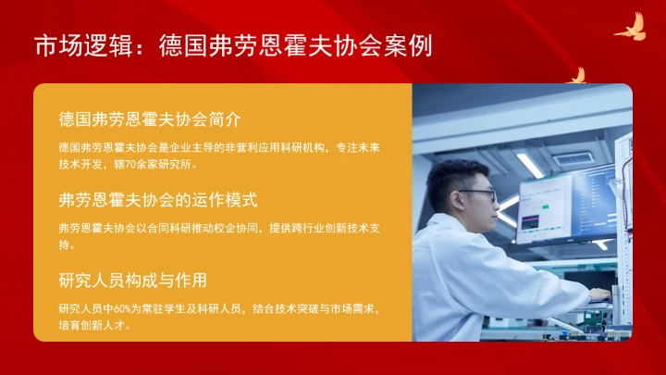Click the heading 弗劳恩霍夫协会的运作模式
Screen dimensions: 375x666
coord(157,199)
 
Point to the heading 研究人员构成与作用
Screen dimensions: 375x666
coord(132,280)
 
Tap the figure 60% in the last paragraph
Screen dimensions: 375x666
coord(126,308)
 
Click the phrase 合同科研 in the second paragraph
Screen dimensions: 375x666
coord(156,228)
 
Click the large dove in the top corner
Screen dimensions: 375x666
coord(631,28)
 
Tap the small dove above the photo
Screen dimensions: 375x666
coord(579,75)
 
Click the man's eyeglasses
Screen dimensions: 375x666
coord(478,194)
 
